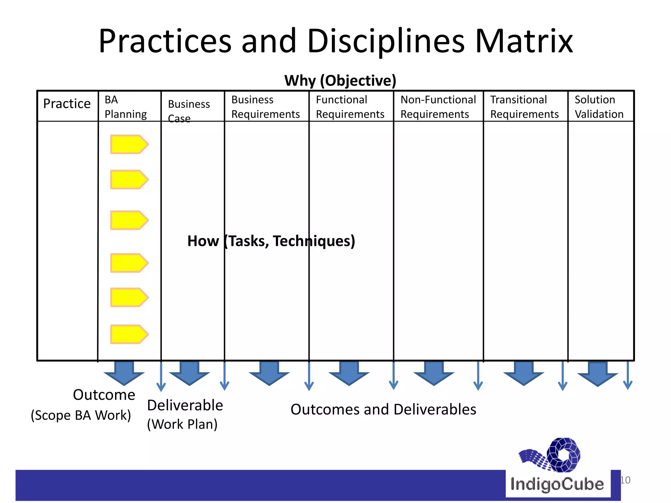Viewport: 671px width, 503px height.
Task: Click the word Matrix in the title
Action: (x=524, y=41)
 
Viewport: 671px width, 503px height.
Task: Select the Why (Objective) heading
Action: (x=340, y=81)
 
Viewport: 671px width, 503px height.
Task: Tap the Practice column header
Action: (x=67, y=104)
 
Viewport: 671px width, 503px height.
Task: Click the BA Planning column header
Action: (x=125, y=107)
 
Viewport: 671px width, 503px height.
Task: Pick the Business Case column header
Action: (x=189, y=111)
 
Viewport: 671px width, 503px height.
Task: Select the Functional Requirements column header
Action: (x=350, y=107)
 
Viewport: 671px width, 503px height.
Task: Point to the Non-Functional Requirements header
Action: (x=438, y=107)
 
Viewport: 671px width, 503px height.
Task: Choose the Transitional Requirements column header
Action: (x=524, y=107)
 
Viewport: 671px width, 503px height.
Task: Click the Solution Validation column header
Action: (x=599, y=107)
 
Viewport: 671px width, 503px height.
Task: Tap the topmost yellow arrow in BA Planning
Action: (x=129, y=144)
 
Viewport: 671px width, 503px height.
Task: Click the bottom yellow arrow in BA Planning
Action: (x=129, y=334)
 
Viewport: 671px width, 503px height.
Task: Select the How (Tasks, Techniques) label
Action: (x=271, y=241)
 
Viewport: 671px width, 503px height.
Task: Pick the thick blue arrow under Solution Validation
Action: (x=598, y=373)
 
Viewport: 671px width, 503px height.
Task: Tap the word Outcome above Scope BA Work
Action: (x=104, y=395)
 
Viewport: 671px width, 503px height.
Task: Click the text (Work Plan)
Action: (x=182, y=424)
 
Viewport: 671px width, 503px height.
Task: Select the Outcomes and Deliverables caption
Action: (x=383, y=410)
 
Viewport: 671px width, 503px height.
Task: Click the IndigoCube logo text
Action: (x=557, y=484)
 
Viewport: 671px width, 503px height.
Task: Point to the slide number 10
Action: (x=625, y=480)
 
